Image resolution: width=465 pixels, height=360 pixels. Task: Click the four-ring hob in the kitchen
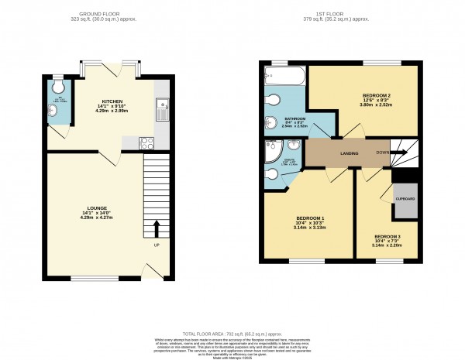(x=146, y=142)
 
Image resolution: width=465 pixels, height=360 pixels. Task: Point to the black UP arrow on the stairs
(x=156, y=228)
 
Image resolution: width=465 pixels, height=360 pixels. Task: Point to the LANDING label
(x=350, y=153)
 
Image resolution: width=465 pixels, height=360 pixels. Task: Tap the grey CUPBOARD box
(x=405, y=199)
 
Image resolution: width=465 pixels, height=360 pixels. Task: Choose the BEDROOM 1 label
(x=308, y=218)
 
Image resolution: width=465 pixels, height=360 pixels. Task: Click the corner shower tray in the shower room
(x=273, y=150)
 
